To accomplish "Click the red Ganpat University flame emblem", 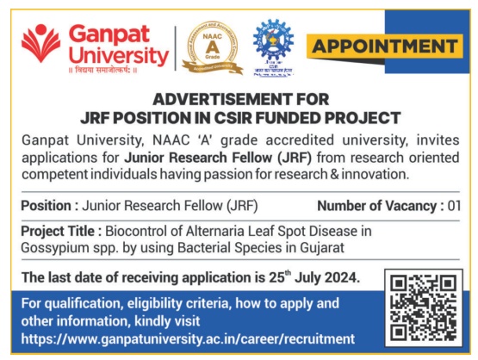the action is coord(40,43).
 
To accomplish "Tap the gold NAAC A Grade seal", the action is coord(213,48).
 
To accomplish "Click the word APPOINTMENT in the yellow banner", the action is coord(385,47).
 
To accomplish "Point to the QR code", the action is coord(424,307).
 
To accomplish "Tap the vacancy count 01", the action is coord(454,206).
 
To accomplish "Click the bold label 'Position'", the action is coord(46,206).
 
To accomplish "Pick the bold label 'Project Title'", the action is coord(58,231).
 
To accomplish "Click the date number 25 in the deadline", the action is coord(276,277).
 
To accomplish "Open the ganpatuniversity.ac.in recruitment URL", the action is coord(188,339).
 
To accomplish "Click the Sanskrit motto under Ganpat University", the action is coord(102,70).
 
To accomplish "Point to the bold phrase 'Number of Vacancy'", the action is coord(377,206).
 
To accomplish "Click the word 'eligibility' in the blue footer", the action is coord(154,304).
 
